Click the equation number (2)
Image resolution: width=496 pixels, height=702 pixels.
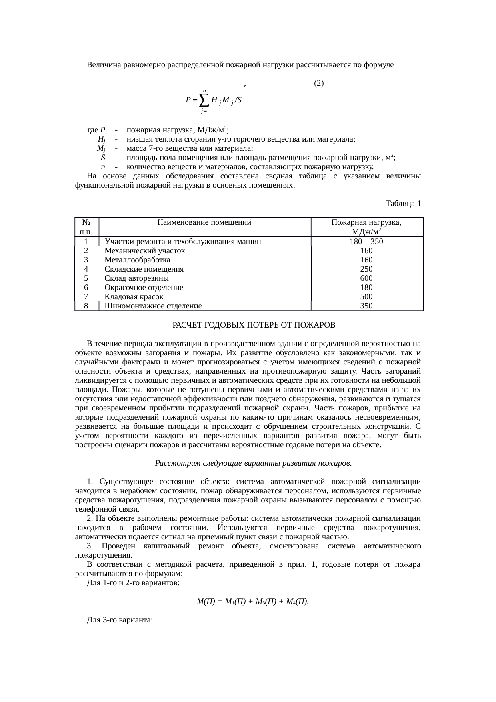point(319,83)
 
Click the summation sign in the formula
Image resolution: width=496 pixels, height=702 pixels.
point(204,100)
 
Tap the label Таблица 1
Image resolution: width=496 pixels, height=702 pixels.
point(403,204)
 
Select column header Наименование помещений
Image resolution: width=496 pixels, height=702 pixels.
point(204,223)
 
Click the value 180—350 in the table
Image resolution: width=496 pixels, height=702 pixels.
point(366,242)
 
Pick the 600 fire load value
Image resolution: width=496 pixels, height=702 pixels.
point(366,278)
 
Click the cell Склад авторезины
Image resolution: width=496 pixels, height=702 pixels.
point(136,278)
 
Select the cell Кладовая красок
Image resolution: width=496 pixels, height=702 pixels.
point(134,297)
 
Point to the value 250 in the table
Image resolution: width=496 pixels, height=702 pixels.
point(366,269)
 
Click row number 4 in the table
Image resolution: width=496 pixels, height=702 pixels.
point(86,269)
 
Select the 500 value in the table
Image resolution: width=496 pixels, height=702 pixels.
point(366,297)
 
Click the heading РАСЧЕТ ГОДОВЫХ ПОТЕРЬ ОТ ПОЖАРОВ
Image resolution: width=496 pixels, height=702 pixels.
point(254,325)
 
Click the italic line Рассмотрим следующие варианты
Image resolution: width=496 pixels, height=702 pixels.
point(253,463)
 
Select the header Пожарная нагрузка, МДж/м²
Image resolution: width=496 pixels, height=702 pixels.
point(366,227)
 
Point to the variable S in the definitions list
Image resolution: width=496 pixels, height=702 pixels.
point(103,158)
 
